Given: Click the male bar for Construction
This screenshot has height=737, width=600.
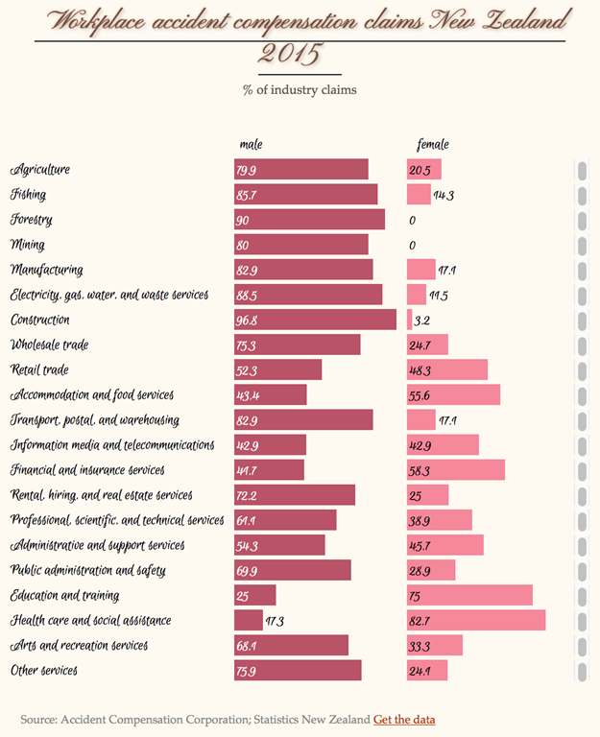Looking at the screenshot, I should (315, 320).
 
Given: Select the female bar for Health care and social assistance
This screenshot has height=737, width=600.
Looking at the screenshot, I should (476, 620).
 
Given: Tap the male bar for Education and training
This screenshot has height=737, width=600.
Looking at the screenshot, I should (254, 595).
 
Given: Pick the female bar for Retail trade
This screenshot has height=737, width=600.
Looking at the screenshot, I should (447, 369).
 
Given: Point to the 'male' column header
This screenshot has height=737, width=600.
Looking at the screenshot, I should (251, 145).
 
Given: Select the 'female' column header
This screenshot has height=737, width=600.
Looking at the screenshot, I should (433, 145).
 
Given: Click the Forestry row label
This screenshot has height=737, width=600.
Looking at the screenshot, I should (32, 220).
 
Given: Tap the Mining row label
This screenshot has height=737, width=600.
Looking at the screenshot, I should (27, 245).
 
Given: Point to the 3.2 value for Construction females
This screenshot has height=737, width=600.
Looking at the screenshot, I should (421, 321).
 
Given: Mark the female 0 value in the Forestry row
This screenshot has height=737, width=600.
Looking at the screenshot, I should (412, 221).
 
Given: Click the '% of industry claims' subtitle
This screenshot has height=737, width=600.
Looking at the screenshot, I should (300, 90).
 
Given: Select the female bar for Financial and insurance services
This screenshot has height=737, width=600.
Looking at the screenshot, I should (456, 469).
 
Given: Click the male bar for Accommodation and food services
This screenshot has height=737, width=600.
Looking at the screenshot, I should (271, 394).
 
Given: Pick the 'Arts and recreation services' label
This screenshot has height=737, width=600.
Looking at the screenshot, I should (79, 645).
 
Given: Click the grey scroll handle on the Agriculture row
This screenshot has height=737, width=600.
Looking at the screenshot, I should (582, 170).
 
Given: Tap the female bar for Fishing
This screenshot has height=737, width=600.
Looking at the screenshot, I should (419, 195).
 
